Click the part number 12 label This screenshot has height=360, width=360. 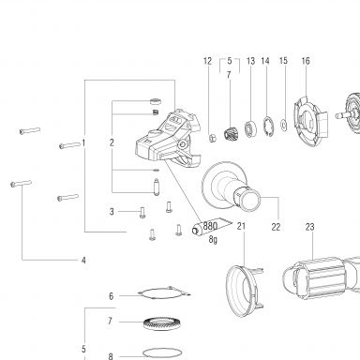207,61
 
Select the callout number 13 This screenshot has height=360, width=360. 250,61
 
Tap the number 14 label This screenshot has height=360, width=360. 265,61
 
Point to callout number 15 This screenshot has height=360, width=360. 283,61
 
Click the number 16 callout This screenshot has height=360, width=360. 306,61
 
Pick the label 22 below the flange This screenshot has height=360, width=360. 276,227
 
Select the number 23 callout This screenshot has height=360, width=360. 309,227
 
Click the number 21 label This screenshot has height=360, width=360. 241,226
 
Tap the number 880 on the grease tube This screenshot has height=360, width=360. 210,225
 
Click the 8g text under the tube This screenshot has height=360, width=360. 213,239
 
